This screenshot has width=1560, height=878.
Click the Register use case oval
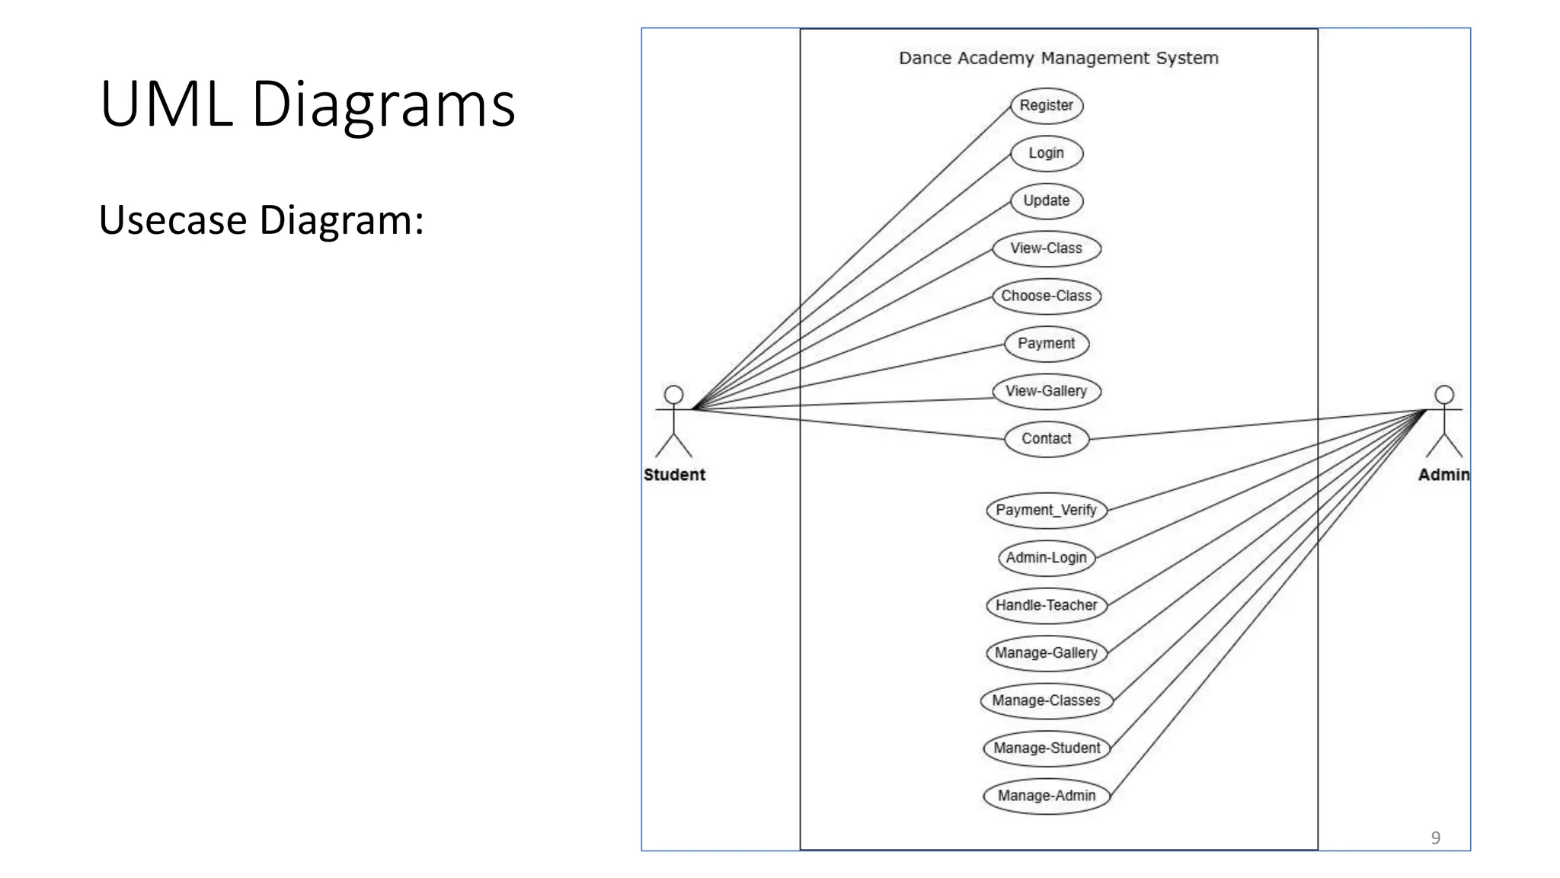1046,105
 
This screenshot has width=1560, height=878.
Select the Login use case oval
1046,153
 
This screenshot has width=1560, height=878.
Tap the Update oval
1046,200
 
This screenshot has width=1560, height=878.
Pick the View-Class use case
1046,248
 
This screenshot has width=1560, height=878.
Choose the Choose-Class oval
1046,296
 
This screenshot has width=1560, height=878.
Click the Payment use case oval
1046,344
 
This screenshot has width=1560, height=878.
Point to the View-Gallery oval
1046,391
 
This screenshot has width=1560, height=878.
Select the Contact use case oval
1046,439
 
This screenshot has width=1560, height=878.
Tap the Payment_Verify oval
1046,510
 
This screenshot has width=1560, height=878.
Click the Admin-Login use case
1046,558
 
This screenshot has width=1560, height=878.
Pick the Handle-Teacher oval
1046,605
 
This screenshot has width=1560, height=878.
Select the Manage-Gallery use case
1046,653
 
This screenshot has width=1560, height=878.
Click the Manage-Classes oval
1046,700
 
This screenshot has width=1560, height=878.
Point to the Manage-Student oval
1046,748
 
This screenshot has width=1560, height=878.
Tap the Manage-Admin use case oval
1046,796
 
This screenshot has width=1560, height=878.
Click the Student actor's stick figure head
673,394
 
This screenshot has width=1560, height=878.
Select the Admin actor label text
1443,475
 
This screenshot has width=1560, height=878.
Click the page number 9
1435,838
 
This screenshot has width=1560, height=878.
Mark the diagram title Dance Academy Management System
1058,58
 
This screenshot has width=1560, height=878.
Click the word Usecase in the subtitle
173,220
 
